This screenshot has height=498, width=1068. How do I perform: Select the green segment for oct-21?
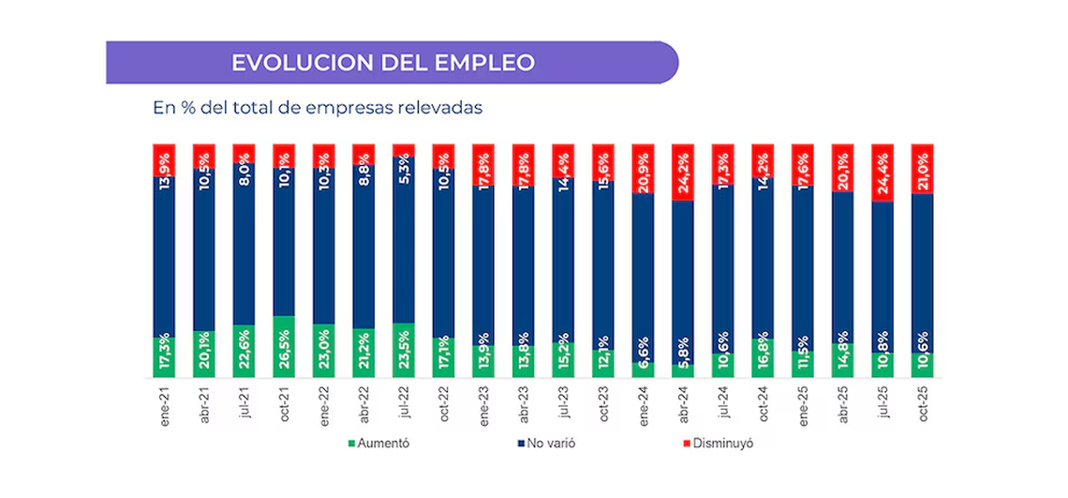pyautogui.click(x=284, y=347)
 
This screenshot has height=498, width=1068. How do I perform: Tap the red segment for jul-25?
pyautogui.click(x=883, y=173)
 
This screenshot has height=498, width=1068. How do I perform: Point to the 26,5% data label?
pyautogui.click(x=284, y=346)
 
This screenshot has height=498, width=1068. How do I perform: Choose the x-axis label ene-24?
pyautogui.click(x=643, y=403)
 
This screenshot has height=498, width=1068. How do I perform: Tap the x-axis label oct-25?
pyautogui.click(x=922, y=403)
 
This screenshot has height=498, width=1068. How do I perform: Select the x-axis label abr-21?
pyautogui.click(x=204, y=403)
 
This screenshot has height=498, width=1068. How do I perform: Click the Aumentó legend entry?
pyautogui.click(x=378, y=443)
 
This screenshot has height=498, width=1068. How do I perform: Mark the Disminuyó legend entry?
pyautogui.click(x=716, y=443)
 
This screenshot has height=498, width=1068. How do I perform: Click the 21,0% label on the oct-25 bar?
pyautogui.click(x=922, y=169)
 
